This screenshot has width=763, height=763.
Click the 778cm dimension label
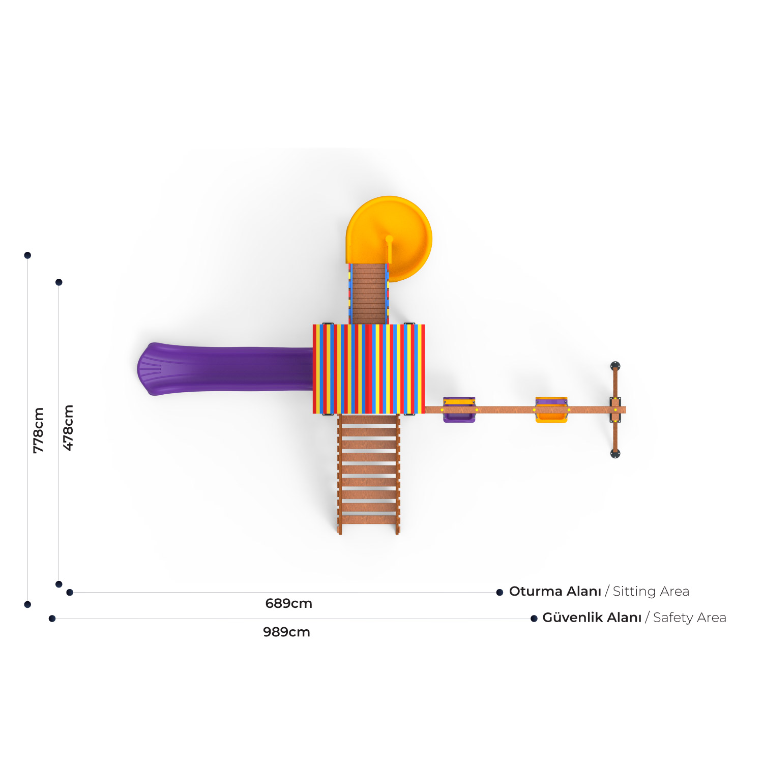tap(38, 430)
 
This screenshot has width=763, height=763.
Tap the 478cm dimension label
tap(68, 428)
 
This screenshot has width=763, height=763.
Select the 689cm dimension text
tap(288, 603)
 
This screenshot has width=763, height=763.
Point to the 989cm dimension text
tap(286, 632)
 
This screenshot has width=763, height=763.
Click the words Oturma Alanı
tap(555, 591)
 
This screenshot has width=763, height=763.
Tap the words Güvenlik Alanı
tap(592, 618)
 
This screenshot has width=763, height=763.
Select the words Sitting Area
tap(651, 592)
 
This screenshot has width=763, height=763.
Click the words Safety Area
tap(689, 618)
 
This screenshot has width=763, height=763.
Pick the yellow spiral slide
tap(390, 231)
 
